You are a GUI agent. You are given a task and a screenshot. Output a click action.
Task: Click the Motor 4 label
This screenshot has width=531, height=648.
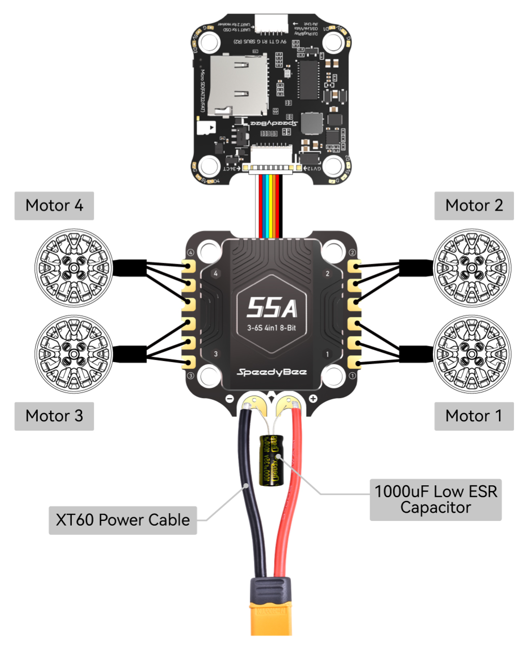(54, 206)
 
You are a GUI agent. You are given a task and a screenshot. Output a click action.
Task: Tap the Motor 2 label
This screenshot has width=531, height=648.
(474, 206)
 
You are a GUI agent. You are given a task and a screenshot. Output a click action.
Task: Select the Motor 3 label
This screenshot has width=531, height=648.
(54, 416)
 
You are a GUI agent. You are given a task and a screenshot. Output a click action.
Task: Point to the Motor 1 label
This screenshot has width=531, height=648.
(474, 416)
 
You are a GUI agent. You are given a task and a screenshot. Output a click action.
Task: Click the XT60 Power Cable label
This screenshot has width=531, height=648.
(123, 520)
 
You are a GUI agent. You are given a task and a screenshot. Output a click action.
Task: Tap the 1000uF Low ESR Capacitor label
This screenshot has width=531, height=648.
(435, 499)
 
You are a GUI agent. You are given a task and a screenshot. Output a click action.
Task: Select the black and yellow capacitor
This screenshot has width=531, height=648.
(271, 460)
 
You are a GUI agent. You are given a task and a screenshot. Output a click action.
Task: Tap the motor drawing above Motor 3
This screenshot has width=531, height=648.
(73, 354)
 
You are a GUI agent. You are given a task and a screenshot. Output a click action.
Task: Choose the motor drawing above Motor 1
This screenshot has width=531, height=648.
(472, 354)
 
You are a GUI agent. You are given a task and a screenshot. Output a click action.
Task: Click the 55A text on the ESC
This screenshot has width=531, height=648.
(271, 308)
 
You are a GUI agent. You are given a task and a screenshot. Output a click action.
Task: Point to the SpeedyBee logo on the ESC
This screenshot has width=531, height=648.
(271, 372)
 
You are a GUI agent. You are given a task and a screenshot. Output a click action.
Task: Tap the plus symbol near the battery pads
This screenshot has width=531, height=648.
(313, 399)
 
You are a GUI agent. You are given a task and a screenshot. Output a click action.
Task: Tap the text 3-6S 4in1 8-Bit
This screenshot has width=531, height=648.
(271, 328)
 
